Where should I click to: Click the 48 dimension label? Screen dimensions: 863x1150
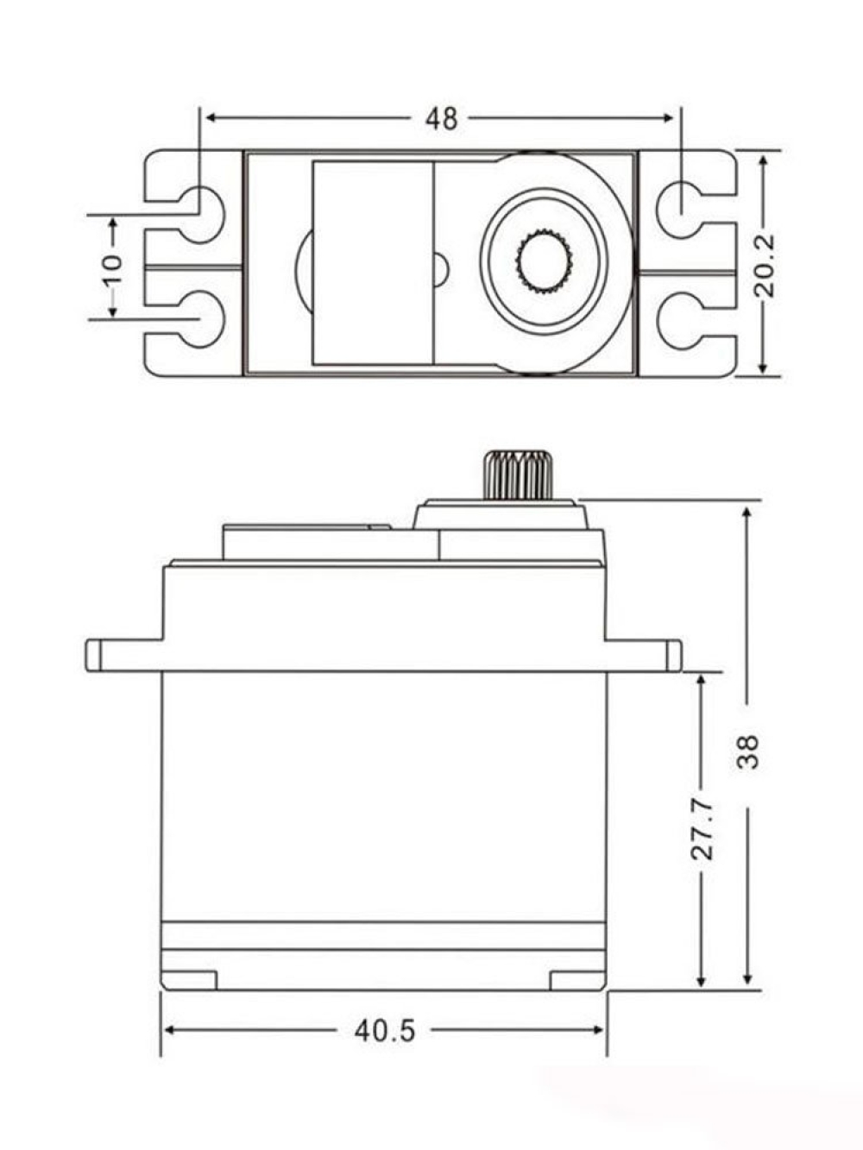(441, 119)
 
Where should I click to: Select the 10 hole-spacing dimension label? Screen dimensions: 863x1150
(113, 269)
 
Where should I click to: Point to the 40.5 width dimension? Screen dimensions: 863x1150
(385, 1032)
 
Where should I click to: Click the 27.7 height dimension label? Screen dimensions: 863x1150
(702, 830)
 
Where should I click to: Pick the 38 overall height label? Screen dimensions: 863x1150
(747, 751)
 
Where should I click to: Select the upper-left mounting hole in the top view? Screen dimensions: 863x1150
(202, 215)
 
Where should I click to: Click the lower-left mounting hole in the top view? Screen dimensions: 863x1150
(202, 319)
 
